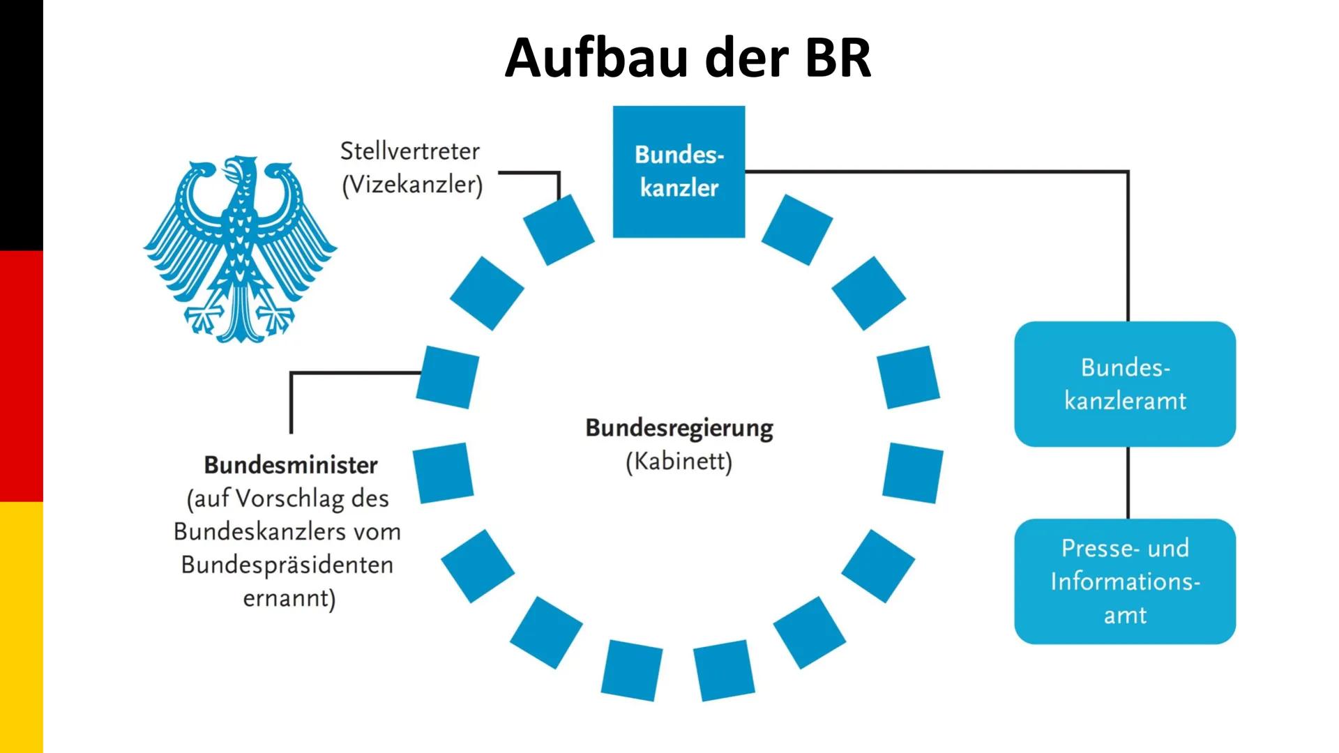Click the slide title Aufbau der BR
coord(688,57)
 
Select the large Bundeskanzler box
coord(679,172)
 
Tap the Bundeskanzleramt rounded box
coord(1124,384)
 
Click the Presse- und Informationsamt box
coord(1124,581)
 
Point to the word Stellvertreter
coord(410,151)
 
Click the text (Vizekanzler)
coord(412,185)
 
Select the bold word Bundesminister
coord(291,465)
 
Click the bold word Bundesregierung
coord(679,427)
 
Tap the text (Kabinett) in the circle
coord(679,462)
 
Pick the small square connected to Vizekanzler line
coord(559,229)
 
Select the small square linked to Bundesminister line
coord(448,376)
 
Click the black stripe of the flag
coord(21,125)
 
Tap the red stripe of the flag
coord(21,376)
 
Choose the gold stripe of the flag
coord(21,627)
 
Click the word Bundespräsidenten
coord(287,565)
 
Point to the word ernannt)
coord(289,598)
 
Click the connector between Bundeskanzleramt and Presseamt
coord(1128,482)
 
